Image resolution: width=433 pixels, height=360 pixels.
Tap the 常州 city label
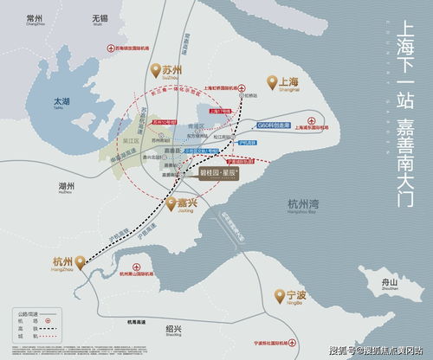click(x=35, y=18)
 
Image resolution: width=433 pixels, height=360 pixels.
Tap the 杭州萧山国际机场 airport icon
click(x=134, y=266)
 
